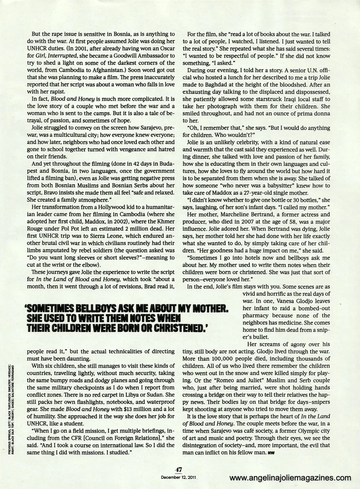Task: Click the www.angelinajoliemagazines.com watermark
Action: pos(290,478)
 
